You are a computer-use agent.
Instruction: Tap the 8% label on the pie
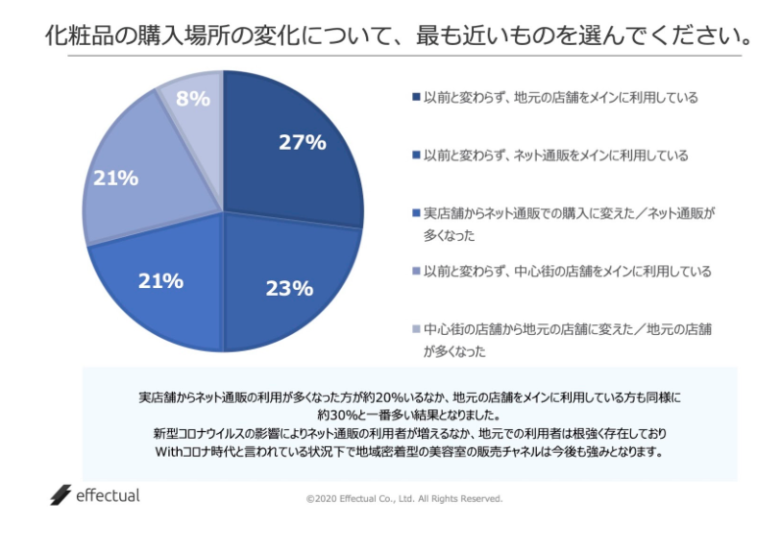tap(193, 98)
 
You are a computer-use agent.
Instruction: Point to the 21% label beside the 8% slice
tap(116, 178)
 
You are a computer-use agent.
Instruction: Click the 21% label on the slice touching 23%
tap(160, 280)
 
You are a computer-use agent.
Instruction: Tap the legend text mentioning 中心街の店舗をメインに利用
tap(567, 272)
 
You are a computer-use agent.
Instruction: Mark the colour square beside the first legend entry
tap(415, 97)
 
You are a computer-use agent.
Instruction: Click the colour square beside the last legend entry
tap(415, 329)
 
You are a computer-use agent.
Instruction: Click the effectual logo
tap(95, 496)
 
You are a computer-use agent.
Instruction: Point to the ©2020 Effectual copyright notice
tap(404, 499)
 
